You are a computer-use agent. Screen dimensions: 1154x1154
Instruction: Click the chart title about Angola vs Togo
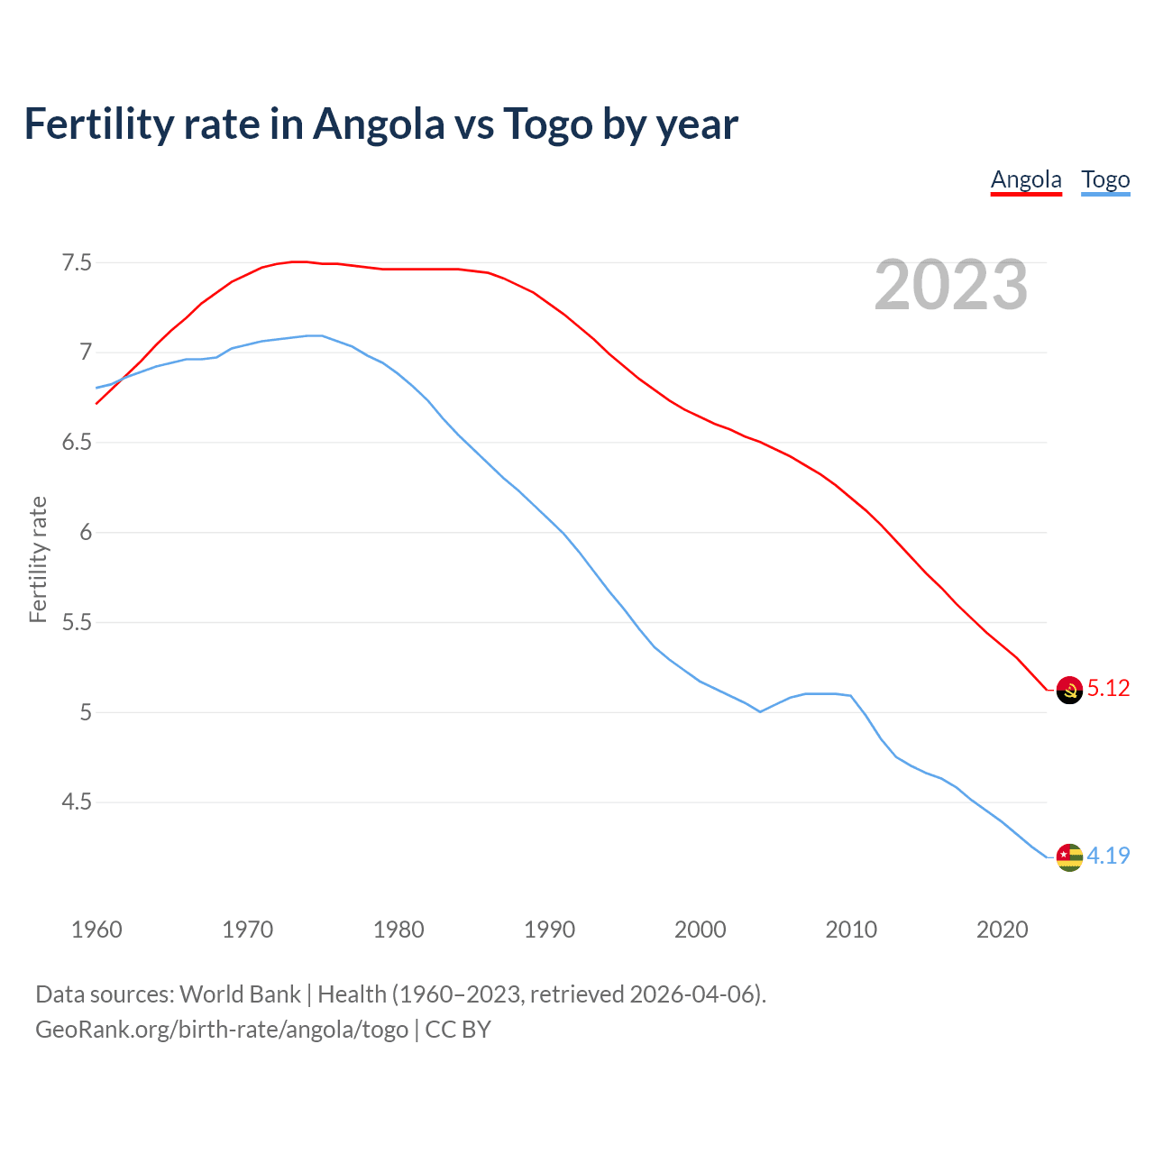pyautogui.click(x=380, y=124)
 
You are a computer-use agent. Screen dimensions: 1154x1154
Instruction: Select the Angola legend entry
pyautogui.click(x=1026, y=179)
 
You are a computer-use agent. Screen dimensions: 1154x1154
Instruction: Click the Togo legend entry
pyautogui.click(x=1105, y=179)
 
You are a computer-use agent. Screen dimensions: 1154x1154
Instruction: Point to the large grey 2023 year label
pyautogui.click(x=950, y=285)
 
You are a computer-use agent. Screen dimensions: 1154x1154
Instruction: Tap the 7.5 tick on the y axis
pyautogui.click(x=76, y=262)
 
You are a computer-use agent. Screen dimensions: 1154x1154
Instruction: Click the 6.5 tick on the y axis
pyautogui.click(x=76, y=443)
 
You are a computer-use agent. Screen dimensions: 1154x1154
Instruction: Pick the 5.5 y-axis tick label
pyautogui.click(x=76, y=622)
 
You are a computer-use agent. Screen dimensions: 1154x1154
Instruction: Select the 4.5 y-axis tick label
pyautogui.click(x=76, y=801)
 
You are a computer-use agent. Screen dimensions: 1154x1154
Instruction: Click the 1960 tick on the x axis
pyautogui.click(x=96, y=930)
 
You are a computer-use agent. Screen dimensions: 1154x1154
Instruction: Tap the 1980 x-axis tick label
pyautogui.click(x=398, y=930)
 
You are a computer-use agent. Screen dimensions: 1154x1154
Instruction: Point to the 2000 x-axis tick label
pyautogui.click(x=700, y=930)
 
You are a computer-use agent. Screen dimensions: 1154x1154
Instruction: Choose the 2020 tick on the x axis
pyautogui.click(x=1002, y=930)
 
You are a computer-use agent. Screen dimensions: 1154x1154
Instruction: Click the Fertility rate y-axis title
pyautogui.click(x=38, y=559)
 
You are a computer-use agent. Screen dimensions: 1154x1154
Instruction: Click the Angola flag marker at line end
pyautogui.click(x=1069, y=690)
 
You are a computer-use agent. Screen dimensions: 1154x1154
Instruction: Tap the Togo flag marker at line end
pyautogui.click(x=1069, y=856)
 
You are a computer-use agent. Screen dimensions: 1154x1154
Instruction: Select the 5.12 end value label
pyautogui.click(x=1108, y=688)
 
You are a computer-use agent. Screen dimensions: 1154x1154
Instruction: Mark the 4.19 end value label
pyautogui.click(x=1108, y=856)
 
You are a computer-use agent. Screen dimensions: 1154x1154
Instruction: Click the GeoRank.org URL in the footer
pyautogui.click(x=222, y=1030)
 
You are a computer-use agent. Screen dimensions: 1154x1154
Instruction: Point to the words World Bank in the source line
pyautogui.click(x=240, y=994)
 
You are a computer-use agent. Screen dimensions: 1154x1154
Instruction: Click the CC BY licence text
pyautogui.click(x=458, y=1030)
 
